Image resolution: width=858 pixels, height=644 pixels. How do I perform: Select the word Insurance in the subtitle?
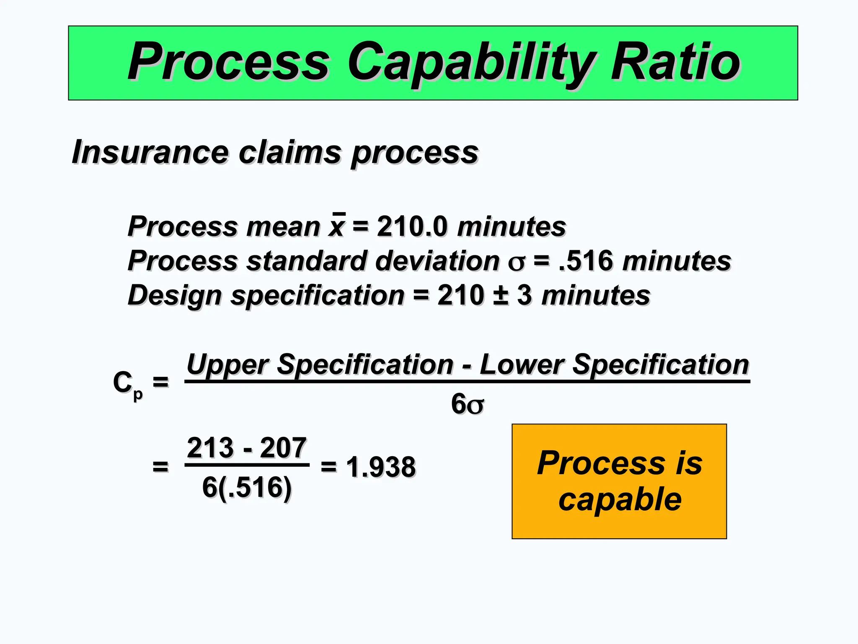(x=150, y=152)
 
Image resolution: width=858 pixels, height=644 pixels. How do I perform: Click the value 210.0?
(x=412, y=226)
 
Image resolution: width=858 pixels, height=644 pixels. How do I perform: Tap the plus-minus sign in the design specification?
(x=501, y=295)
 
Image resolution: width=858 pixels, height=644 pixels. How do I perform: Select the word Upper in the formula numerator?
(x=227, y=365)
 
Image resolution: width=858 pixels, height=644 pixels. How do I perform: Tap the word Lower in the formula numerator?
(x=521, y=365)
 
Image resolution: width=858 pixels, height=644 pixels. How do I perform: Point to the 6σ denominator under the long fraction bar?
(x=468, y=404)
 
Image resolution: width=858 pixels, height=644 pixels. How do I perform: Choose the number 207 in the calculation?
(x=283, y=448)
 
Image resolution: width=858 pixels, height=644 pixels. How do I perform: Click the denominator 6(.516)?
(x=246, y=487)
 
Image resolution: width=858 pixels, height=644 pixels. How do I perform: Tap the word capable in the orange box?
(x=620, y=500)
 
